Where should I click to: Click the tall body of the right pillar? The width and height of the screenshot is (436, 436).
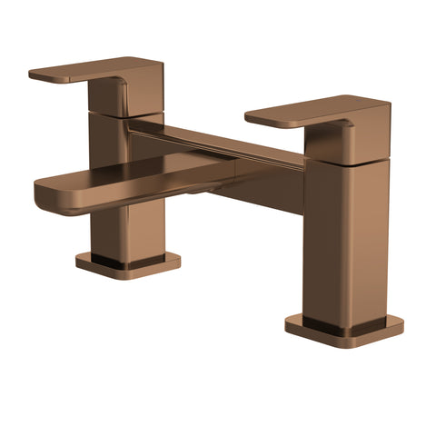tap(332, 236)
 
